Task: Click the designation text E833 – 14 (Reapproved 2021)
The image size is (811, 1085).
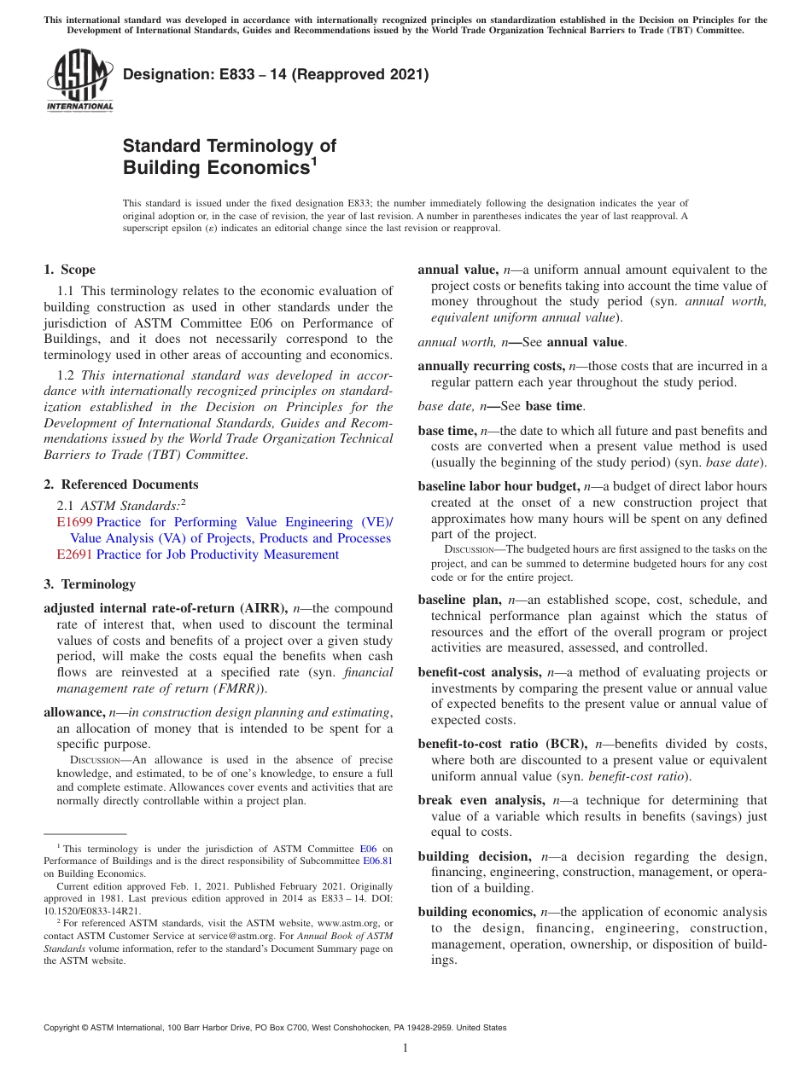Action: click(276, 76)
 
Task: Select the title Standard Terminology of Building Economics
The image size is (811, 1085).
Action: click(230, 156)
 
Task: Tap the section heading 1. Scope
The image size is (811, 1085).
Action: click(69, 270)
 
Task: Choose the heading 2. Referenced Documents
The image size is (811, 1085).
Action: click(108, 484)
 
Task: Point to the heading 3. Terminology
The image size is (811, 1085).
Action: click(89, 584)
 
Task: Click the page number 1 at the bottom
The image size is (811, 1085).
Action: click(405, 1048)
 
